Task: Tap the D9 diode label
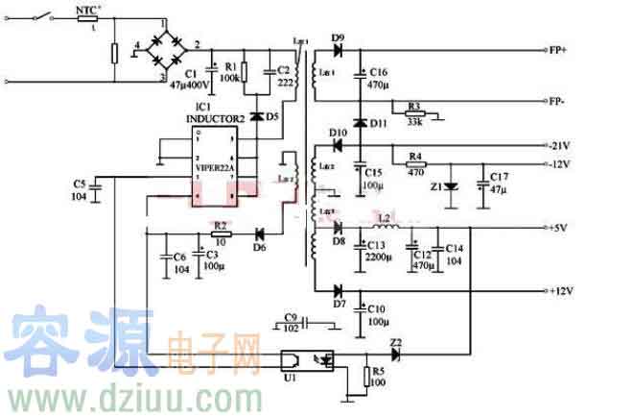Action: (337, 37)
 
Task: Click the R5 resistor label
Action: (379, 372)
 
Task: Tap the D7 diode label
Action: (339, 304)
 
